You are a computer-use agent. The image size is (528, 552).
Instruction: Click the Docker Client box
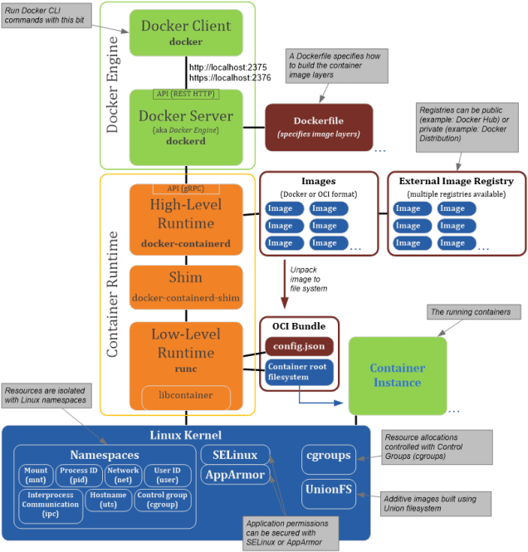tap(187, 32)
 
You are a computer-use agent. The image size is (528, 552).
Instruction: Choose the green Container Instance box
tap(397, 375)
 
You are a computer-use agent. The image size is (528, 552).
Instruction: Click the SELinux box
tap(235, 454)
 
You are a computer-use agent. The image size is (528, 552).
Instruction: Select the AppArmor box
tap(235, 476)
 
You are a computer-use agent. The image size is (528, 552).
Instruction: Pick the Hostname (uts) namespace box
tap(106, 500)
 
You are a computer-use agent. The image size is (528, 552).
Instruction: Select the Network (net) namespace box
tap(123, 475)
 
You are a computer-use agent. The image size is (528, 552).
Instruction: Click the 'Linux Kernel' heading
tap(187, 435)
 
